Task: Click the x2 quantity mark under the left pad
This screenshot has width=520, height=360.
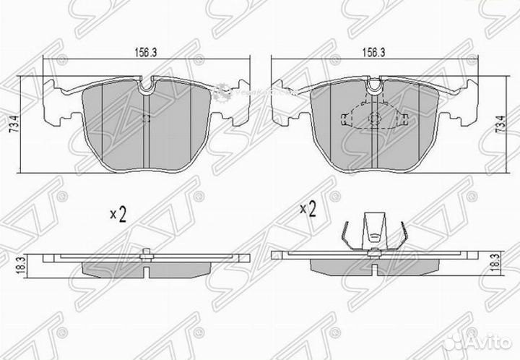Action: point(118,214)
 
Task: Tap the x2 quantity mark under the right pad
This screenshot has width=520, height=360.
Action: point(308,210)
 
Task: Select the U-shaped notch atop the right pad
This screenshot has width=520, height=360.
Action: point(374,87)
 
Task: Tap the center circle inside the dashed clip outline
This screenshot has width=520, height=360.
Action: point(375,121)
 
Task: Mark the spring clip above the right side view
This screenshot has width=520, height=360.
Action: point(373,232)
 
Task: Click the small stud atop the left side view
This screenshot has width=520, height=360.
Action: point(147,252)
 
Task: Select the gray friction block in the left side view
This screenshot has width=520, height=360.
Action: point(147,267)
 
